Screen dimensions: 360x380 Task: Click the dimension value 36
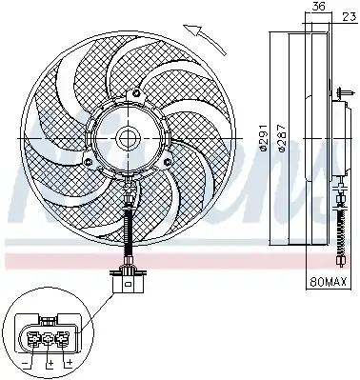click(x=318, y=7)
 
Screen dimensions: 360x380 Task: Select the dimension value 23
click(x=349, y=17)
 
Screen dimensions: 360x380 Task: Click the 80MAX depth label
click(x=328, y=281)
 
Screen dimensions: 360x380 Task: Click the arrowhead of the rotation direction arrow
click(x=194, y=30)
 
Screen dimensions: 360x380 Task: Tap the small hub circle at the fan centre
click(x=128, y=139)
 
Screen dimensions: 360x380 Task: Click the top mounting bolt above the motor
click(x=136, y=93)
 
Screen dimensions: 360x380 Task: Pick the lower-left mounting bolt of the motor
click(x=89, y=162)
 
